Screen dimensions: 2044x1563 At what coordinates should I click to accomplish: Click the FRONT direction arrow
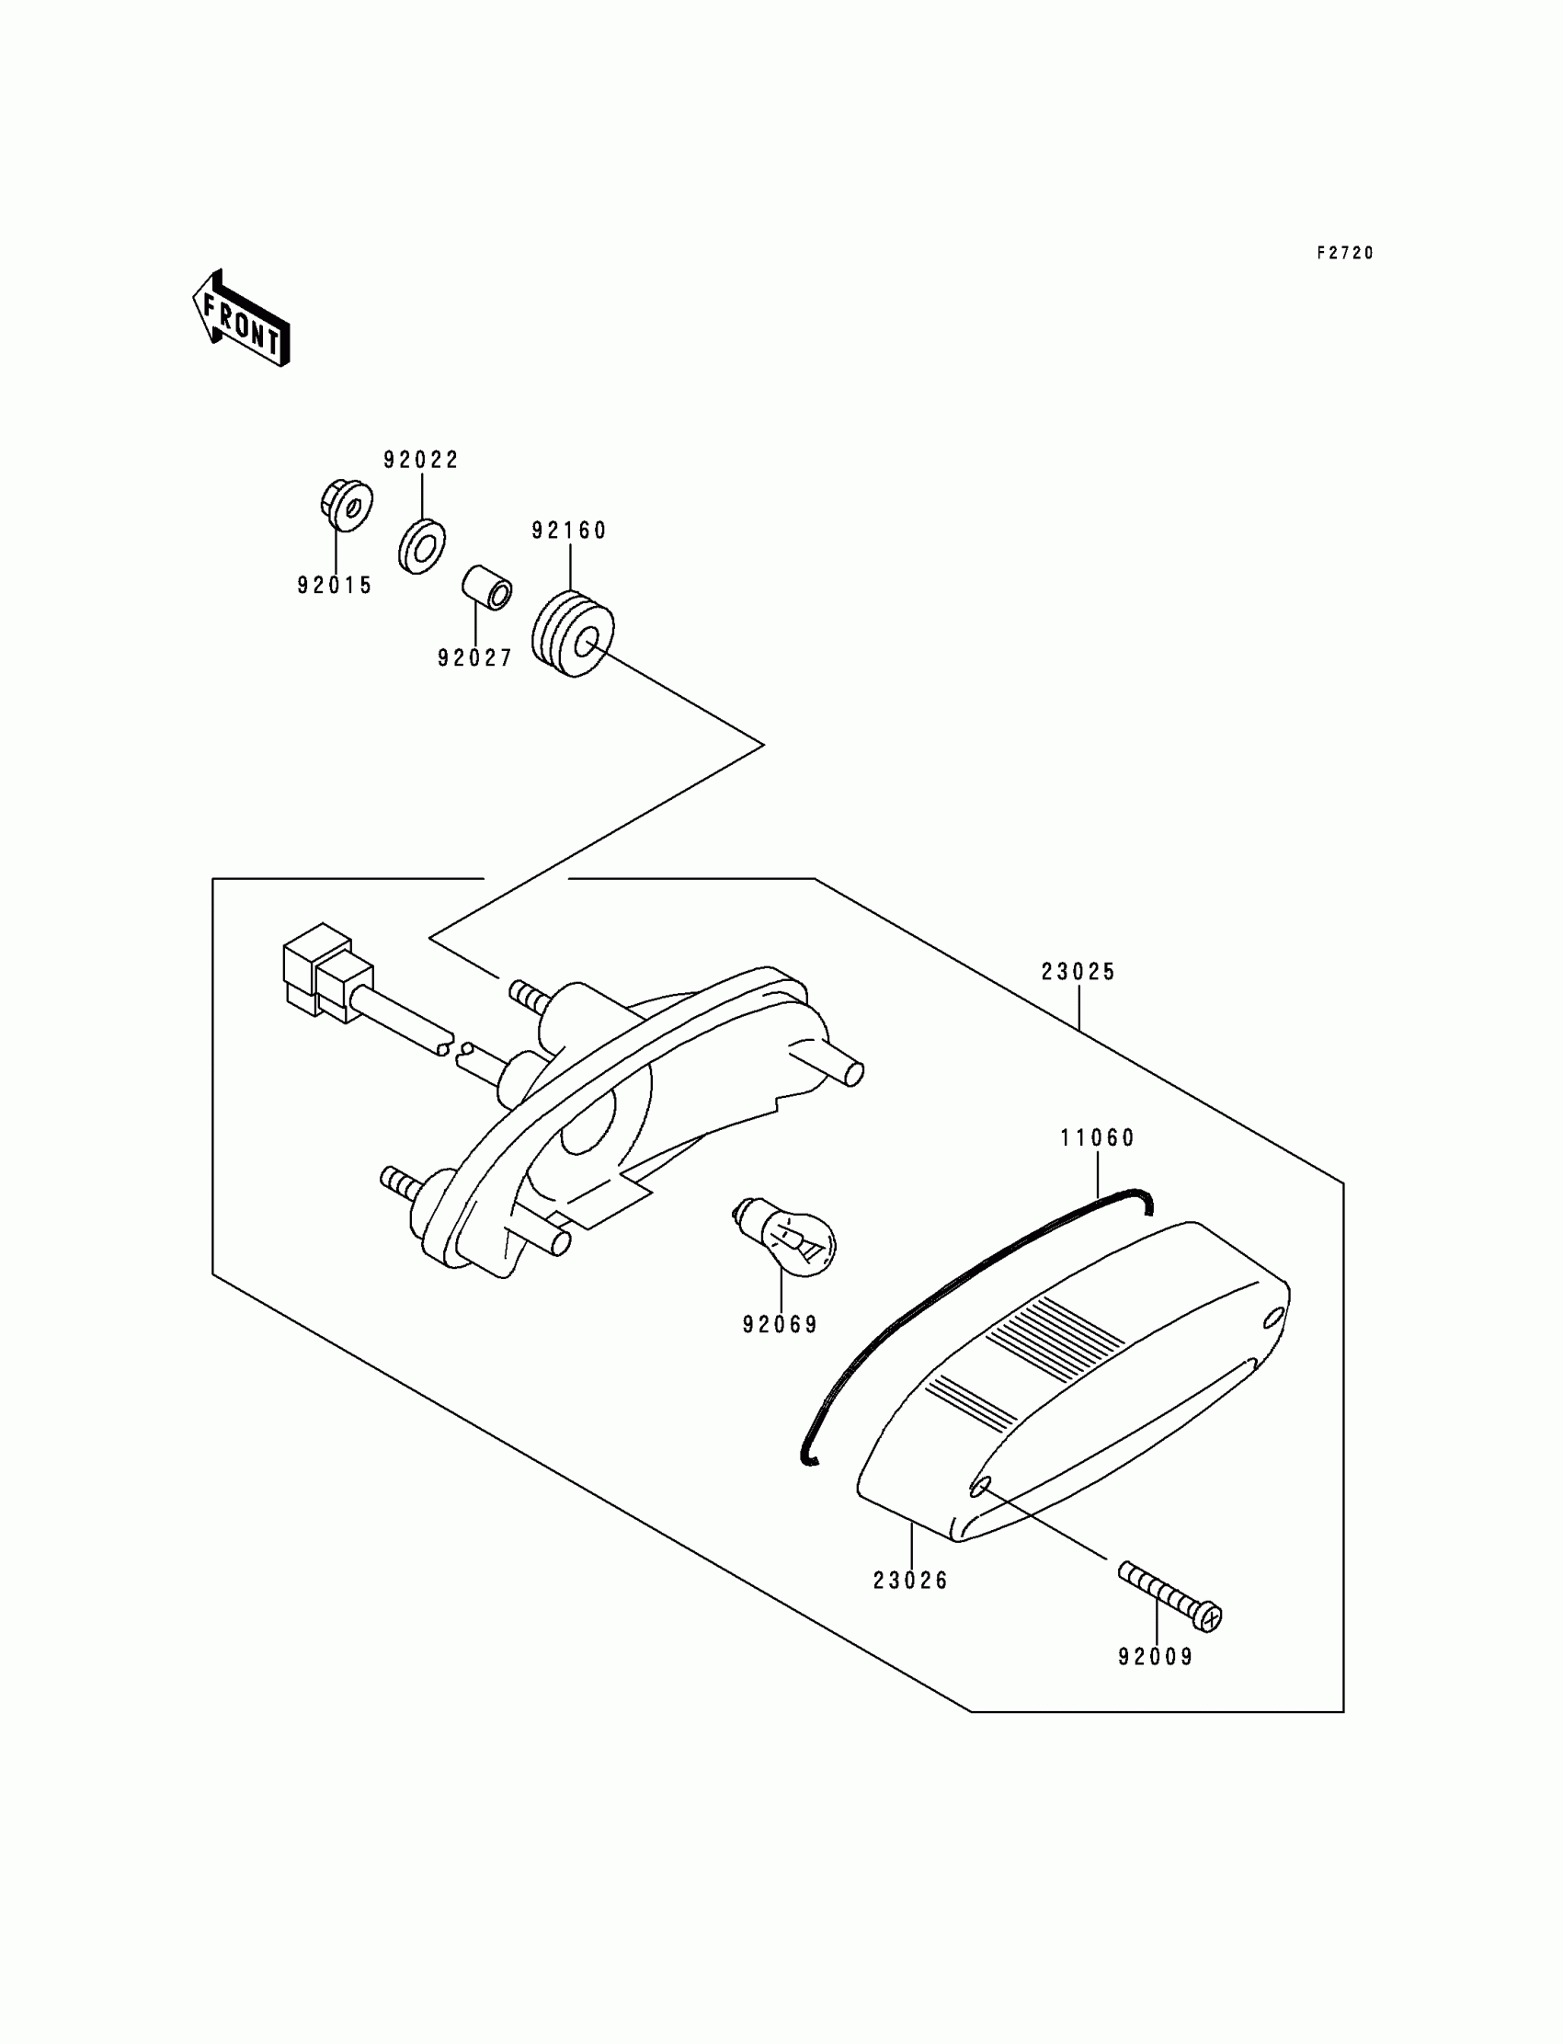(x=241, y=319)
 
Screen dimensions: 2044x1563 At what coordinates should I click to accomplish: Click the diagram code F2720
(x=1344, y=253)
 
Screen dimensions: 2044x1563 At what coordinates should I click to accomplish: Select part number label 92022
(x=420, y=460)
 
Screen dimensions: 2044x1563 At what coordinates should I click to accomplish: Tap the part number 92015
(x=335, y=585)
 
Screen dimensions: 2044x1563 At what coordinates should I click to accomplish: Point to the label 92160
(x=568, y=531)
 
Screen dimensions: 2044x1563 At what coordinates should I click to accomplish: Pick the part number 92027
(x=474, y=657)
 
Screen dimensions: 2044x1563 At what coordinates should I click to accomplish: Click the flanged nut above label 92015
(x=345, y=505)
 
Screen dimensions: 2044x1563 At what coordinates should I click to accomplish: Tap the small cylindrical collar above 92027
(x=486, y=586)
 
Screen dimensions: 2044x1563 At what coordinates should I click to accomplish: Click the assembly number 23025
(x=1078, y=971)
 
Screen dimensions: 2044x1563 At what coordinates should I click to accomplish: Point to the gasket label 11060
(x=1098, y=1137)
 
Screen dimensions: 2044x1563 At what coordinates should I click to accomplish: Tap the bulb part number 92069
(x=780, y=1325)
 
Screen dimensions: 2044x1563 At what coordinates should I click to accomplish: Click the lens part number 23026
(x=910, y=1581)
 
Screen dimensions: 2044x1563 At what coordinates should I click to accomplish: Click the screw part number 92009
(x=1156, y=1657)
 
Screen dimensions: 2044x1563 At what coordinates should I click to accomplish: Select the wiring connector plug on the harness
(x=325, y=972)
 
